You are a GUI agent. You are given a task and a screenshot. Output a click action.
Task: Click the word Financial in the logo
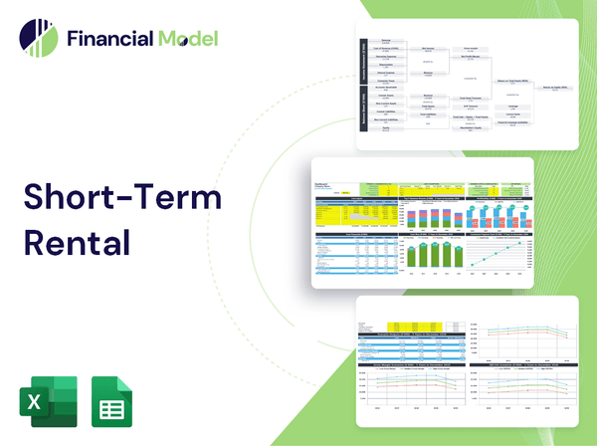[x=108, y=39]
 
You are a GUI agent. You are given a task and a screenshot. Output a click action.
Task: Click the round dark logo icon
[x=38, y=39]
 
